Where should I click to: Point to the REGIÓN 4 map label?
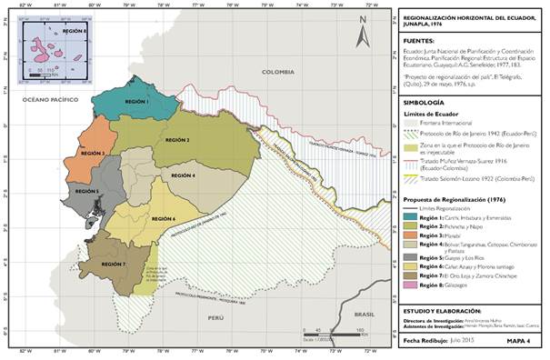coord(183,175)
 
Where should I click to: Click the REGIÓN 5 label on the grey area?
coord(86,192)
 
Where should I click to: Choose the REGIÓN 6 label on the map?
coord(164,219)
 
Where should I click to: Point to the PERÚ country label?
coord(215,318)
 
